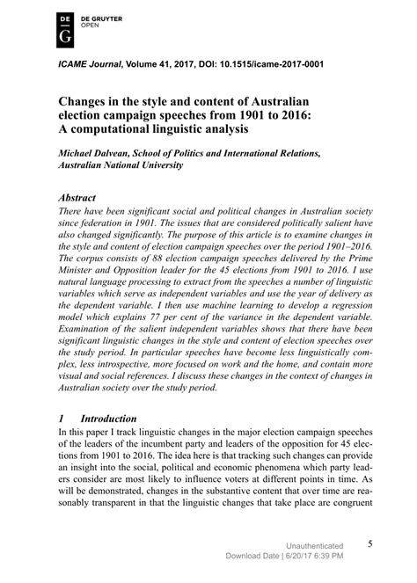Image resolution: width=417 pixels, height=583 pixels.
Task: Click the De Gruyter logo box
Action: (x=64, y=29)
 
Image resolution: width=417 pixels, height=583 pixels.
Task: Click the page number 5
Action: (x=370, y=544)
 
